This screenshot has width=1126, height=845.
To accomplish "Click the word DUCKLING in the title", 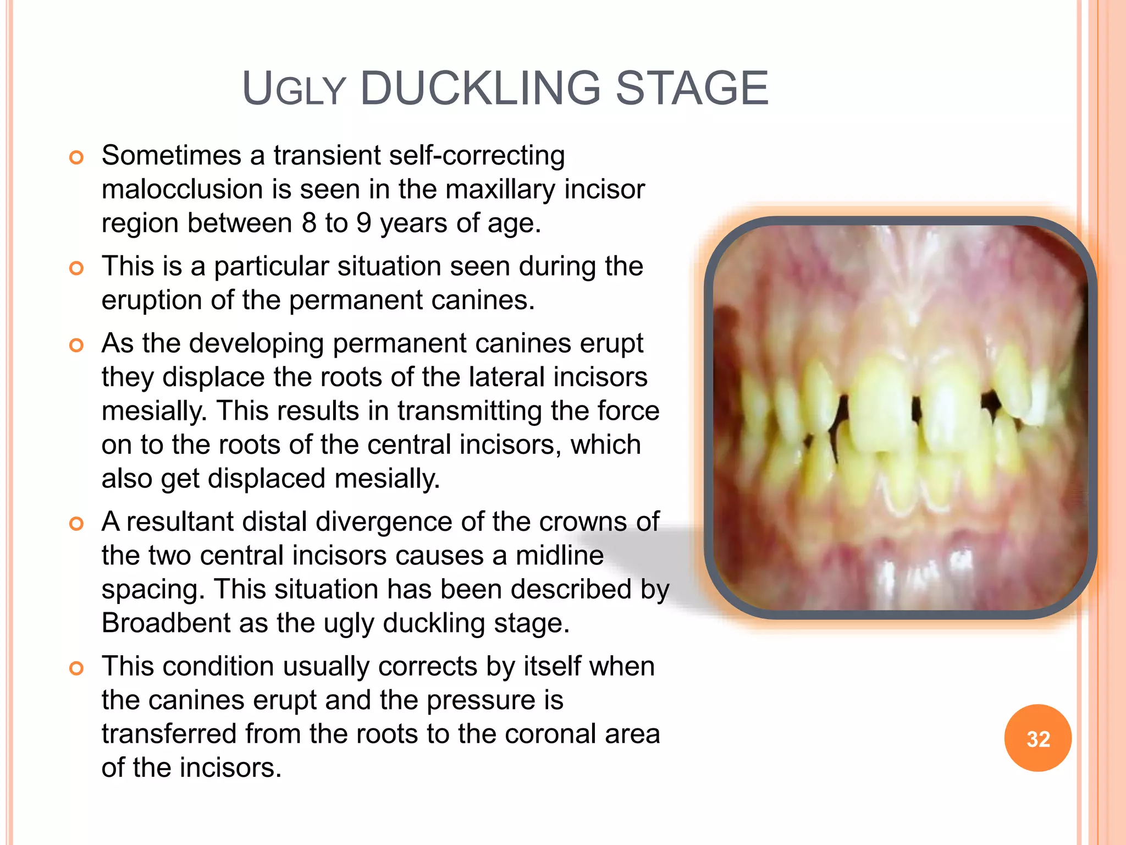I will pos(481,89).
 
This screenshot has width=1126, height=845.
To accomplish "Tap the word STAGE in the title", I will pos(692,89).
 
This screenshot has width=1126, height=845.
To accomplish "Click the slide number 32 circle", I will pos(1037,738).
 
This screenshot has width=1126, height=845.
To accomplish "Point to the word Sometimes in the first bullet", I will pos(172,156).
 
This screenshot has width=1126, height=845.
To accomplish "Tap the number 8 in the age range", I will pos(309,223).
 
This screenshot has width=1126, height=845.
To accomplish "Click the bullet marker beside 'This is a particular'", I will pos(76,268).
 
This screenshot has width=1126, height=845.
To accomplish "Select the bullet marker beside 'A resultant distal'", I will pos(76,524).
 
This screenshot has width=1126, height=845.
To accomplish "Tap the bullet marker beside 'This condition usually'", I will pos(76,668).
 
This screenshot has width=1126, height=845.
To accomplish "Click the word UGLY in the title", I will pos(294,90).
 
